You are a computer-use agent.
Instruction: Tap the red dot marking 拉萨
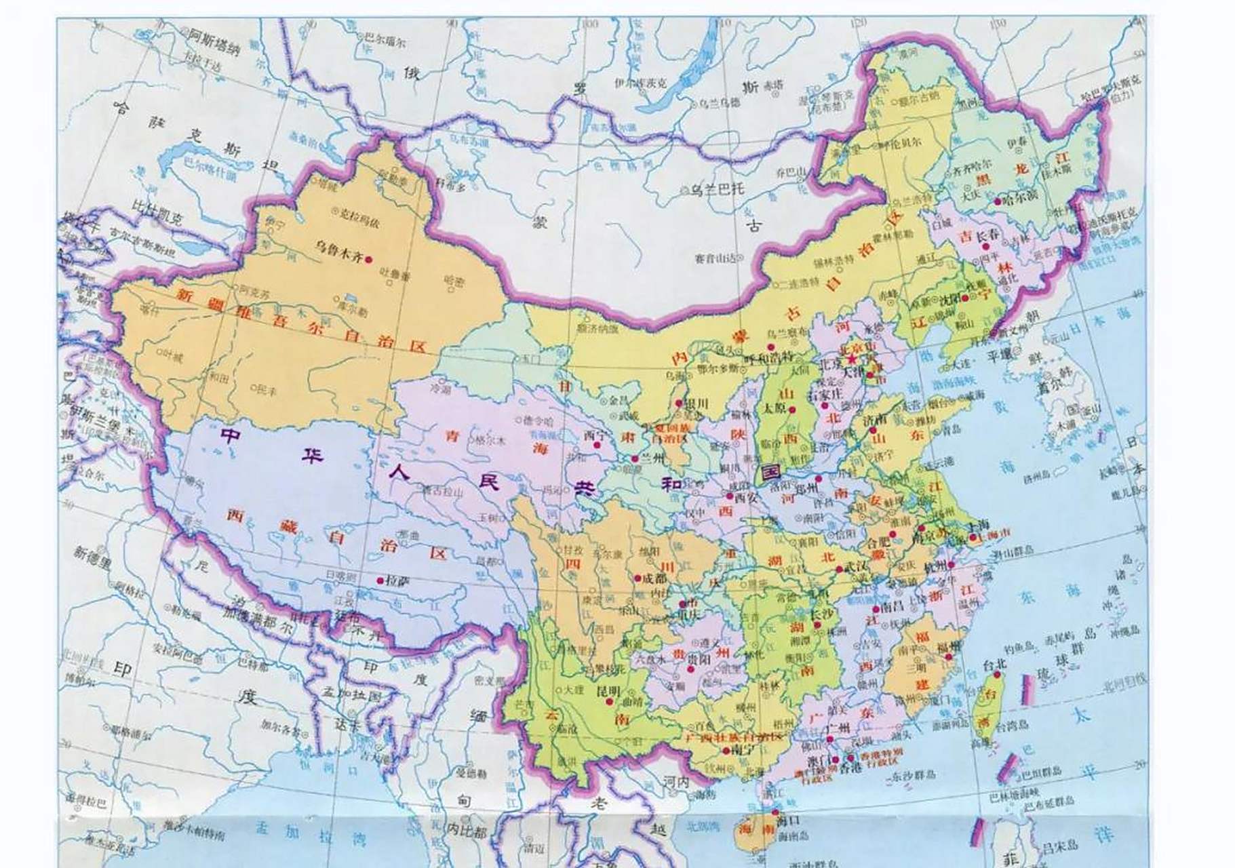[380, 580]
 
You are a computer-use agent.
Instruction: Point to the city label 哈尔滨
[1019, 202]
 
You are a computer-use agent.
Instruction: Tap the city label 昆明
[607, 691]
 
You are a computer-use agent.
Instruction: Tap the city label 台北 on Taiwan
[994, 667]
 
